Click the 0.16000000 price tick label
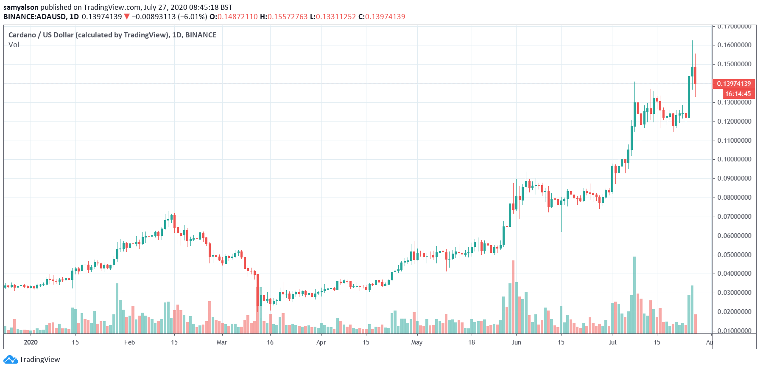pyautogui.click(x=734, y=45)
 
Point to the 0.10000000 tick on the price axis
pyautogui.click(x=734, y=159)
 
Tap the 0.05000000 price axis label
pyautogui.click(x=734, y=255)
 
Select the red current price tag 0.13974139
pyautogui.click(x=734, y=84)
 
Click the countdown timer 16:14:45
pyautogui.click(x=738, y=94)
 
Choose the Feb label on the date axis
pyautogui.click(x=129, y=342)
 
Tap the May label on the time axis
pyautogui.click(x=417, y=342)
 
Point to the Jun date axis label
pyautogui.click(x=516, y=342)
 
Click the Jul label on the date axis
pyautogui.click(x=612, y=342)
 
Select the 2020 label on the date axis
pyautogui.click(x=31, y=342)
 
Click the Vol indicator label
pyautogui.click(x=14, y=45)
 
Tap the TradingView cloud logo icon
pyautogui.click(x=11, y=359)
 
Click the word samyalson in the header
pyautogui.click(x=21, y=7)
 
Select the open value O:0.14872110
pyautogui.click(x=234, y=17)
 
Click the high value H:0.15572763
pyautogui.click(x=284, y=17)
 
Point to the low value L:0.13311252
pyautogui.click(x=333, y=17)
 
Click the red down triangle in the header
pyautogui.click(x=126, y=17)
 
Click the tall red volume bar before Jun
pyautogui.click(x=513, y=297)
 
